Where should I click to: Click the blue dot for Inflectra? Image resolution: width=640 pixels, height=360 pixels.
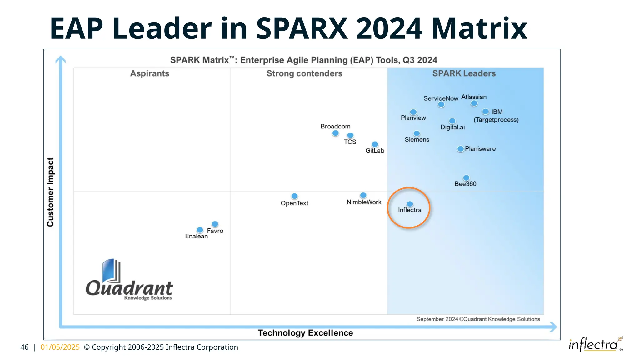coord(410,204)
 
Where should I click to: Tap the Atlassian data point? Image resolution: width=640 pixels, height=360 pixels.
coord(474,103)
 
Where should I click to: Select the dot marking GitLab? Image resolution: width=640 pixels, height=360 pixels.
coord(375,144)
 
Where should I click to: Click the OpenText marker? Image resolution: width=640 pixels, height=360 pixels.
coord(294,196)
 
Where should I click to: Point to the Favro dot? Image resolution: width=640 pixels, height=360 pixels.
coord(215,224)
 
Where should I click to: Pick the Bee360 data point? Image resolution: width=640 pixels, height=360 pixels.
coord(466,178)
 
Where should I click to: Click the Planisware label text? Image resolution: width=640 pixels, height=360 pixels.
coord(480,149)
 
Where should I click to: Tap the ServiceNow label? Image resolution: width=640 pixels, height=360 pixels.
coord(441,98)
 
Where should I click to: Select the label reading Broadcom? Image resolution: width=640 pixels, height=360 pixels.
coord(335,126)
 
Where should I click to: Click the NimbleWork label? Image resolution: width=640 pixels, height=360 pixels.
coord(364,202)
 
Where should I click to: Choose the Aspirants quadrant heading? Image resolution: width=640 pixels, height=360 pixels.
coord(150,73)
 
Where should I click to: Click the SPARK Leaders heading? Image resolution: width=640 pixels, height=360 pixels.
coord(464,73)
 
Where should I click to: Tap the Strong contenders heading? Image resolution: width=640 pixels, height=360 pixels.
coord(304,73)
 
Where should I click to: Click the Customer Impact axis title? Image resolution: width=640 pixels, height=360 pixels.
coord(50,192)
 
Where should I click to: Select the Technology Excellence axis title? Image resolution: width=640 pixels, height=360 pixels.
coord(305,333)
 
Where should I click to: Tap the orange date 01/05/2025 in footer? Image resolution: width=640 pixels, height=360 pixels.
coord(60,347)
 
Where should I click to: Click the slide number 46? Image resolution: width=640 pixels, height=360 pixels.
coord(24,347)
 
